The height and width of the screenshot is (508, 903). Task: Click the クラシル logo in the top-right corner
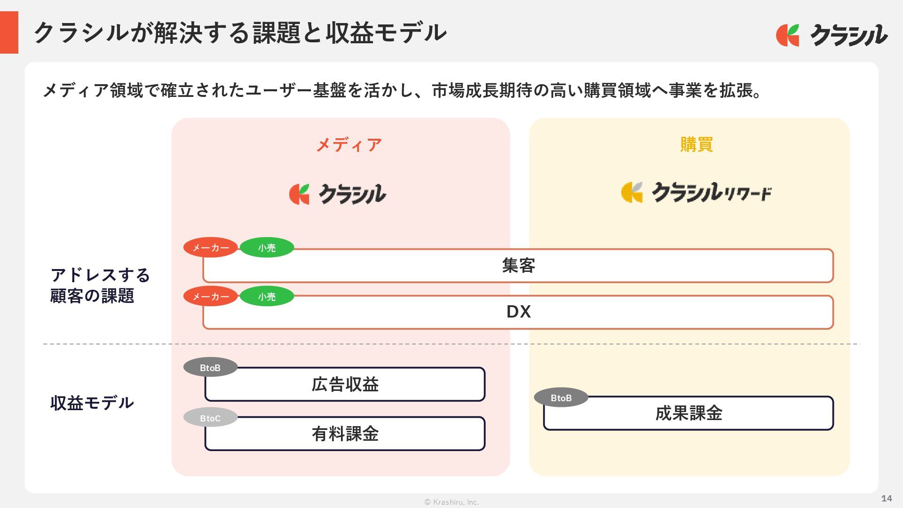pyautogui.click(x=832, y=35)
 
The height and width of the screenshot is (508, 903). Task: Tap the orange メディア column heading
pyautogui.click(x=349, y=145)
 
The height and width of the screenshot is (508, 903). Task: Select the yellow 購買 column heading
pyautogui.click(x=697, y=144)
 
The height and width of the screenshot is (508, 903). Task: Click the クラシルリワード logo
pyautogui.click(x=696, y=192)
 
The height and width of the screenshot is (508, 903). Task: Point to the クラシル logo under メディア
pyautogui.click(x=338, y=194)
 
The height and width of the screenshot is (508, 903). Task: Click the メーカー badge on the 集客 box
pyautogui.click(x=210, y=247)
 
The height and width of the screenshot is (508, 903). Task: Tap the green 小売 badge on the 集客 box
pyautogui.click(x=267, y=247)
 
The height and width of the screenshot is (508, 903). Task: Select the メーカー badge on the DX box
pyautogui.click(x=210, y=296)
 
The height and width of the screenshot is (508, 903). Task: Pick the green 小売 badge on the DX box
pyautogui.click(x=267, y=296)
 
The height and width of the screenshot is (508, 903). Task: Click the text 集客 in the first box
pyautogui.click(x=518, y=266)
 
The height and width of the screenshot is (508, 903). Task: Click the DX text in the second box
pyautogui.click(x=518, y=312)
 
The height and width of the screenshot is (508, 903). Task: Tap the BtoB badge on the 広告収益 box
pyautogui.click(x=210, y=367)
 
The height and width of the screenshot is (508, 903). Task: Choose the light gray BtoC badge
pyautogui.click(x=210, y=418)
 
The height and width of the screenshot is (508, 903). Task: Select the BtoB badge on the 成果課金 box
pyautogui.click(x=561, y=398)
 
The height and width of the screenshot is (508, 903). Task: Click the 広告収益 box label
pyautogui.click(x=345, y=385)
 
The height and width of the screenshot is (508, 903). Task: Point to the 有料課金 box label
pyautogui.click(x=345, y=434)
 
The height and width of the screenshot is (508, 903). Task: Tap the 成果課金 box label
pyautogui.click(x=689, y=413)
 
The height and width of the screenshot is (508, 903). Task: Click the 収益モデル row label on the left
pyautogui.click(x=92, y=403)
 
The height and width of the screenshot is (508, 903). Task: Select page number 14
pyautogui.click(x=886, y=498)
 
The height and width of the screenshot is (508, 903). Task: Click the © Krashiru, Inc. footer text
pyautogui.click(x=451, y=502)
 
